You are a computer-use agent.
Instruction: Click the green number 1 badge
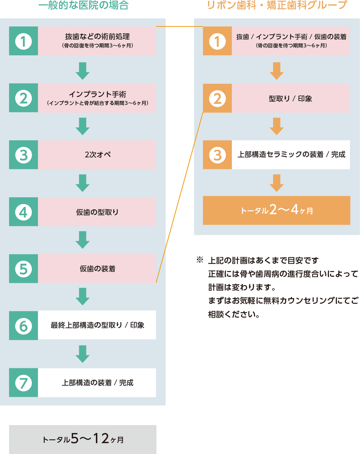pyautogui.click(x=24, y=41)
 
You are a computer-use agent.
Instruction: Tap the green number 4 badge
pyautogui.click(x=24, y=212)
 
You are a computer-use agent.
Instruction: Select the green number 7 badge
pyautogui.click(x=24, y=383)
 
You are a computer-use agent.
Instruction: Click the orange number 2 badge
pyautogui.click(x=217, y=98)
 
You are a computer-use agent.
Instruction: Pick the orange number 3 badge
pyautogui.click(x=217, y=155)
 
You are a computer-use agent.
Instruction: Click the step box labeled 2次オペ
pyautogui.click(x=97, y=155)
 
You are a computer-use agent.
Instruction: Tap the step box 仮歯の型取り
pyautogui.click(x=97, y=212)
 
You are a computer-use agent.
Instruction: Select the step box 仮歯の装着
pyautogui.click(x=97, y=269)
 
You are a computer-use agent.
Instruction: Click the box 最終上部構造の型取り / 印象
pyautogui.click(x=97, y=325)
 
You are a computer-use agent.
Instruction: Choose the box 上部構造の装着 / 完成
pyautogui.click(x=97, y=383)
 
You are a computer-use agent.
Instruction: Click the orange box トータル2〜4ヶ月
pyautogui.click(x=276, y=210)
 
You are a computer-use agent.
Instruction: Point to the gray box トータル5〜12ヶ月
pyautogui.click(x=83, y=439)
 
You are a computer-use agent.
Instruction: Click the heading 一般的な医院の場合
pyautogui.click(x=83, y=5)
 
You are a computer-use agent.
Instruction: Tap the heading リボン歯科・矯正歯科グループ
pyautogui.click(x=277, y=5)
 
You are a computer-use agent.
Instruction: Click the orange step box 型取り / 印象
pyautogui.click(x=291, y=98)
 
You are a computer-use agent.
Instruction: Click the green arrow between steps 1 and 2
pyautogui.click(x=83, y=71)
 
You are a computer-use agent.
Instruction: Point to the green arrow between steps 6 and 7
pyautogui.click(x=83, y=354)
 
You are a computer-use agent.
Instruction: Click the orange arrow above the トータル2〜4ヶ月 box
pyautogui.click(x=277, y=183)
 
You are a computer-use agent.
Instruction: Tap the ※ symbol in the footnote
pyautogui.click(x=200, y=260)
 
